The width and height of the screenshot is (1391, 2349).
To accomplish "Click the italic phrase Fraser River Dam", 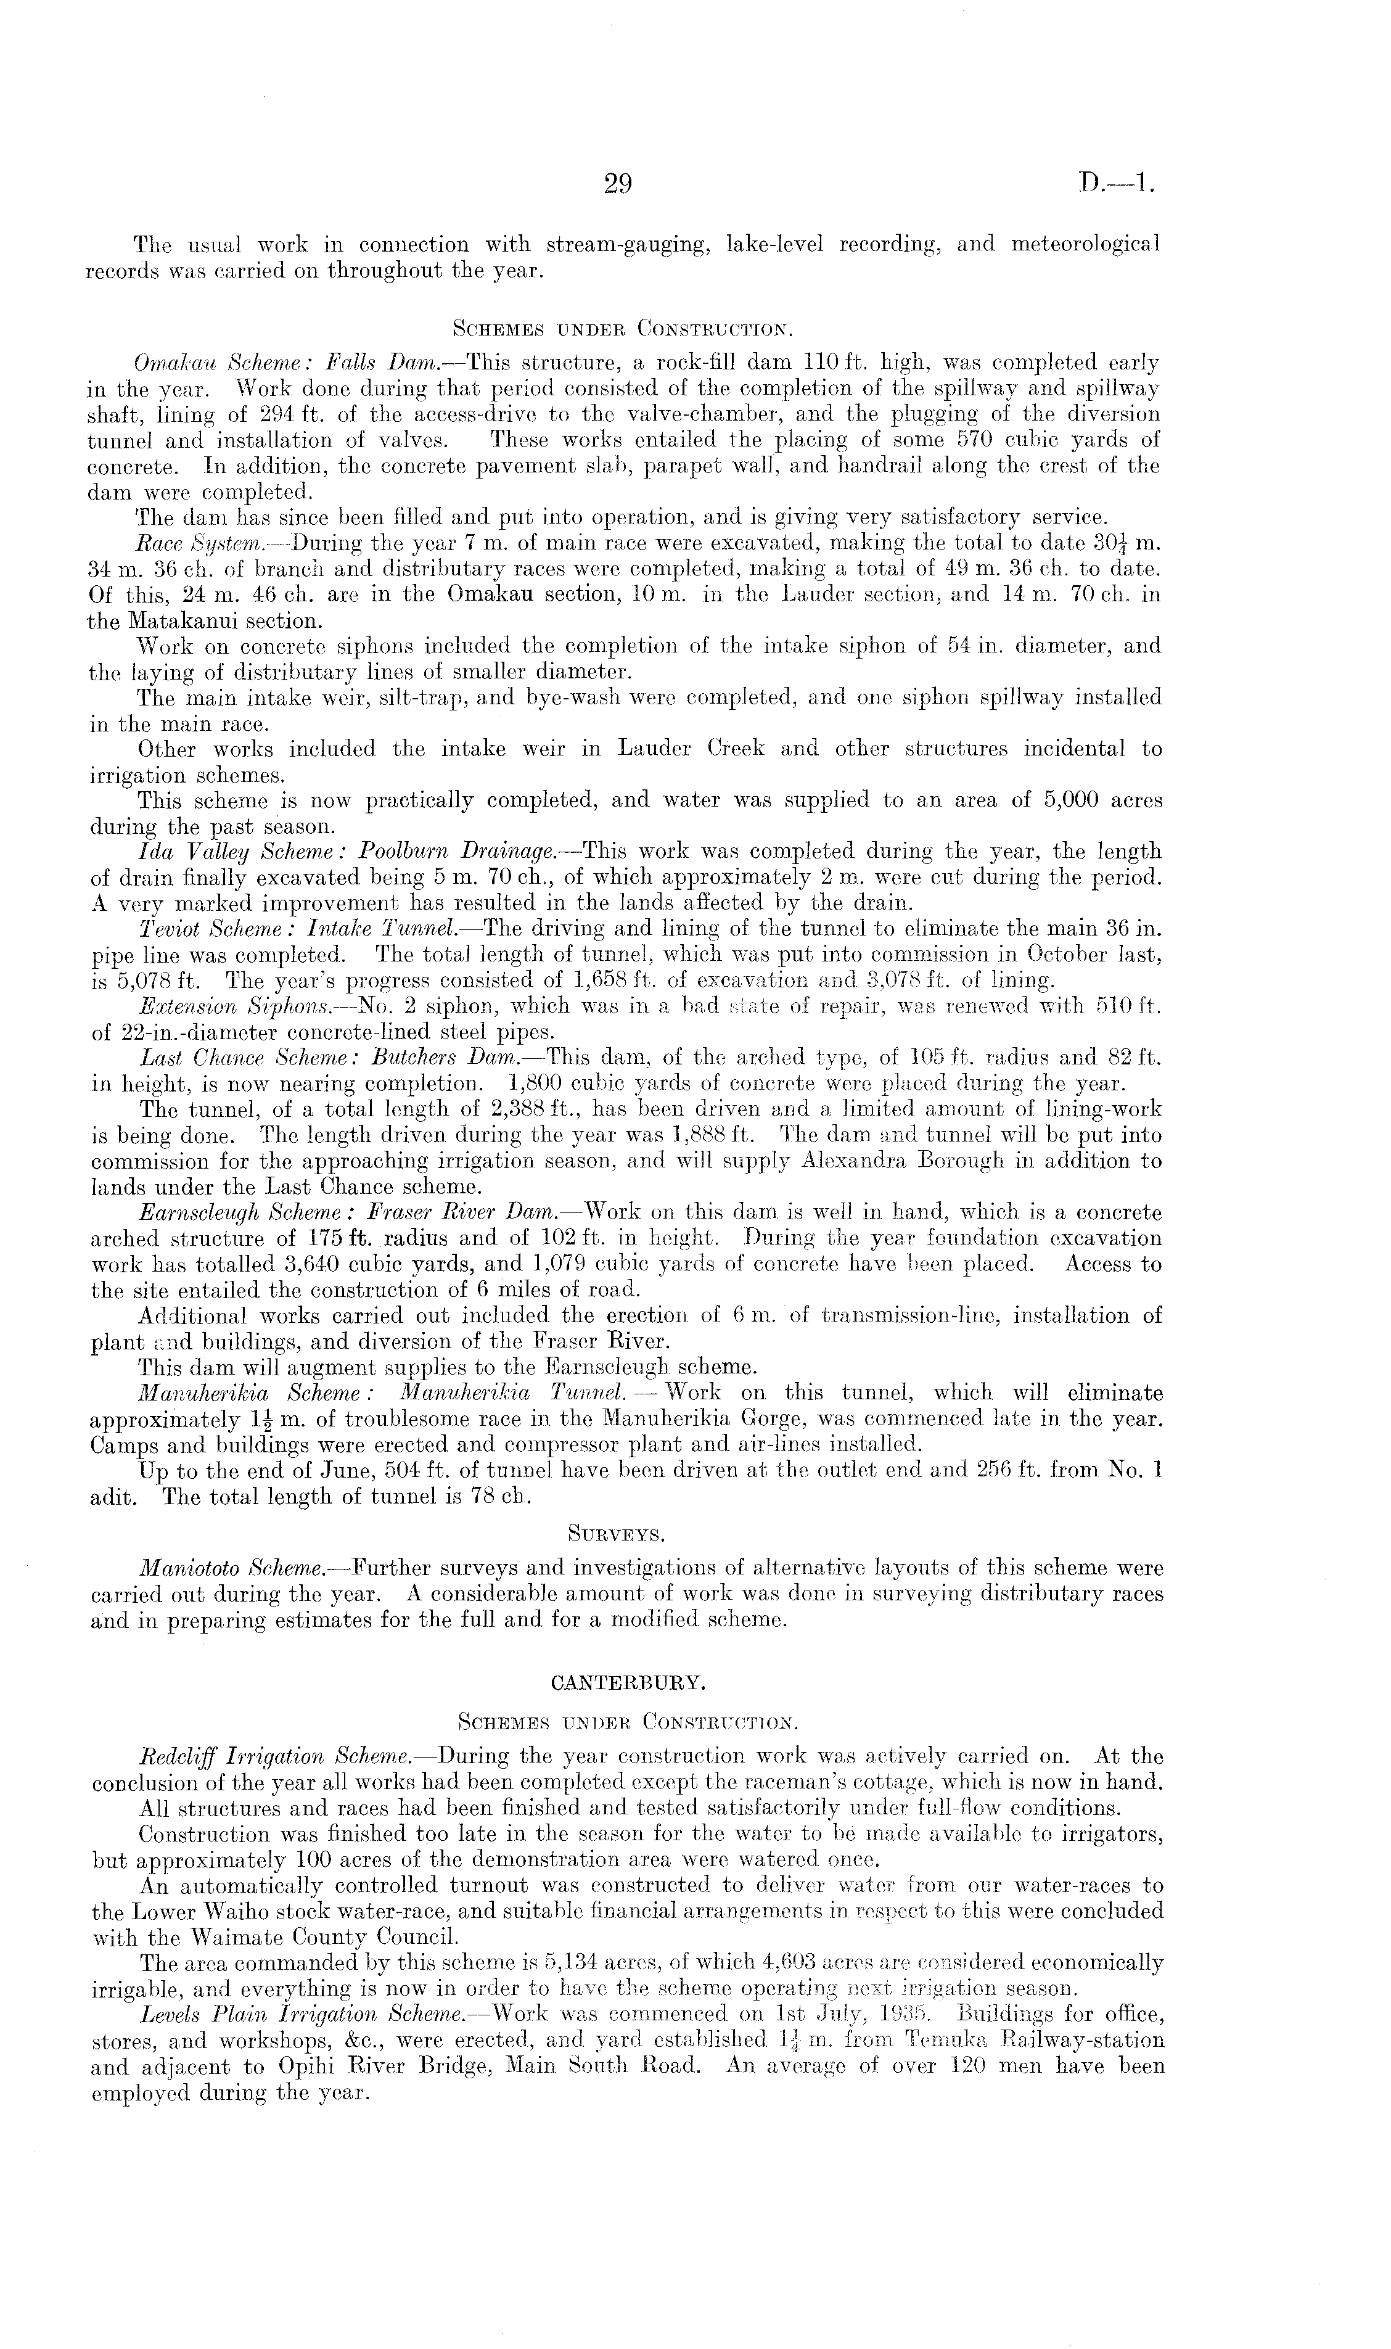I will [x=478, y=1213].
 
